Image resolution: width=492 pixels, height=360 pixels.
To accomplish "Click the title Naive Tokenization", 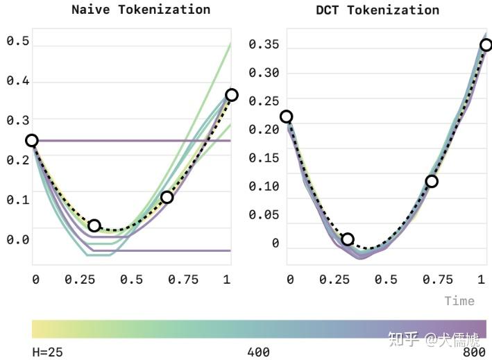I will point(141,10).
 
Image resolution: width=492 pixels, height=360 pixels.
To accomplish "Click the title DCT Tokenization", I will point(378,10).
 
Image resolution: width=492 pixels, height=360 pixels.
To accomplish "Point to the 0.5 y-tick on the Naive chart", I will point(18,41).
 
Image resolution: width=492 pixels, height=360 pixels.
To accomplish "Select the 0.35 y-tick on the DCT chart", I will point(264,44).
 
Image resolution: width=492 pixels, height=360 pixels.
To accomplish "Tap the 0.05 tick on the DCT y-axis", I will point(264,214).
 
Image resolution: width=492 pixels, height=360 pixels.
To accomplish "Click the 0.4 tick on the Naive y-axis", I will point(18,81).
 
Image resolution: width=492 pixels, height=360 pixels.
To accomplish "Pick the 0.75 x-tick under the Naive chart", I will point(182,279).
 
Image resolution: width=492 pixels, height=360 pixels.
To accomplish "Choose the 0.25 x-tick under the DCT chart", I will point(336,279).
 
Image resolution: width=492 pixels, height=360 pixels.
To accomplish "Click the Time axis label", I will point(459,300).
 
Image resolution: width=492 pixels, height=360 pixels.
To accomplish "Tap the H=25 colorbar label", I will point(47,352).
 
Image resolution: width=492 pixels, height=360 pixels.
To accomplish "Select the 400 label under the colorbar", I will point(258,352).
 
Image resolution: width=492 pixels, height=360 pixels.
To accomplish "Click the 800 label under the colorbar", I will point(474,352).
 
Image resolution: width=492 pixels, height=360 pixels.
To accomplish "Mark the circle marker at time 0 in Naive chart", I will point(32,141).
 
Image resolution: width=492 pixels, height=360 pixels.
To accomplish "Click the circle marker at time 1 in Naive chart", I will point(231,95).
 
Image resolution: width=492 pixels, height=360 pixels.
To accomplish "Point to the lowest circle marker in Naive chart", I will point(94,225).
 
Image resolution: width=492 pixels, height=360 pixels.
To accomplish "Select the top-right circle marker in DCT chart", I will point(486,45).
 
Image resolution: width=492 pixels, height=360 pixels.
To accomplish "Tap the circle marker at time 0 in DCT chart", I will point(286,117).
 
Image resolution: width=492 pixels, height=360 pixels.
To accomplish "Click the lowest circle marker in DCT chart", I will point(348,239).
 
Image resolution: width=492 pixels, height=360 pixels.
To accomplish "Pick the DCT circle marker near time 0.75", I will point(432,181).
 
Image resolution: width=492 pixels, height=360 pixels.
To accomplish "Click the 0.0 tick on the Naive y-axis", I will point(18,239).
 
